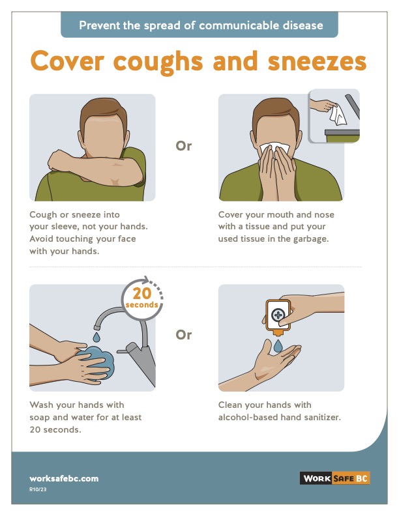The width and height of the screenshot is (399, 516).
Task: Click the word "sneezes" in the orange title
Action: (x=317, y=61)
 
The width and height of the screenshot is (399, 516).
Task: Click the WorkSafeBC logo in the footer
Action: (x=335, y=478)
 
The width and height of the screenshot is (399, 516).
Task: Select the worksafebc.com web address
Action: (x=64, y=478)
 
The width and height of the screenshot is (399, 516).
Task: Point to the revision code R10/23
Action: (x=38, y=489)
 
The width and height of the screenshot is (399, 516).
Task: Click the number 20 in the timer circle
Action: (x=142, y=293)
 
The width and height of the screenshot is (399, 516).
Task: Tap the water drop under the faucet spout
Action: (x=96, y=337)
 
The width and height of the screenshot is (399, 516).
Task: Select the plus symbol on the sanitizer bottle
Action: (x=278, y=315)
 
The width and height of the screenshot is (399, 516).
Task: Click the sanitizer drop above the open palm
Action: (x=278, y=346)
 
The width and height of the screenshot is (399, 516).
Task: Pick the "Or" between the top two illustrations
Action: (x=183, y=146)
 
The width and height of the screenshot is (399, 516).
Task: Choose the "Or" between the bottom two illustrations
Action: (x=183, y=335)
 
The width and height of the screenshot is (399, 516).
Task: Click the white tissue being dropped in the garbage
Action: (x=338, y=115)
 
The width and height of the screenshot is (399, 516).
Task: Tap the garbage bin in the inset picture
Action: (x=342, y=136)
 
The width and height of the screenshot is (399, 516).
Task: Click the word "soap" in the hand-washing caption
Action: (x=40, y=418)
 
